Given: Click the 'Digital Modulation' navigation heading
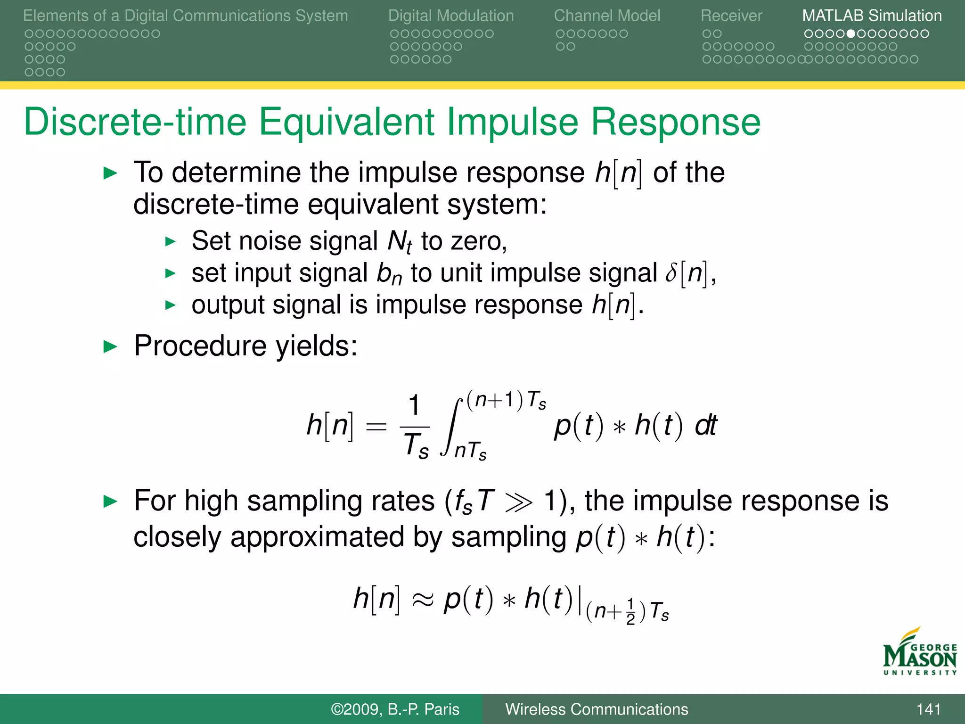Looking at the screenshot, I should (x=451, y=16).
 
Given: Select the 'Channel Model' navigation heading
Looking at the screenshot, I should (x=607, y=16).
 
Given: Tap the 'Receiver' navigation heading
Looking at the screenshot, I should (x=731, y=16).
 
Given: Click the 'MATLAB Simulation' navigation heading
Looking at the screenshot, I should (x=872, y=16).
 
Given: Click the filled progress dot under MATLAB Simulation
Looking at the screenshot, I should (x=851, y=34).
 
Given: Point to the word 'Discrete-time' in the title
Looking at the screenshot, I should (x=135, y=122).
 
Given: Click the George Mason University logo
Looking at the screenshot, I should (x=919, y=652).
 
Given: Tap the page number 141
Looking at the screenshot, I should (x=928, y=709).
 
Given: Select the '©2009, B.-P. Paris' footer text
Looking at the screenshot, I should (x=395, y=709).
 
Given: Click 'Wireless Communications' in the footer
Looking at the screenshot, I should (x=597, y=709).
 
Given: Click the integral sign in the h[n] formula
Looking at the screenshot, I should (x=451, y=427).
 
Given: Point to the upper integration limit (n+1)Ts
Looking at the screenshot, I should (x=506, y=401).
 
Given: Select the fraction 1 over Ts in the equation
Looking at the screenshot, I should (x=415, y=427).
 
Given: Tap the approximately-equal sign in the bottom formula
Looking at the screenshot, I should (x=422, y=600).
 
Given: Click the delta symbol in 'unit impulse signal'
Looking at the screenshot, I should (x=671, y=273).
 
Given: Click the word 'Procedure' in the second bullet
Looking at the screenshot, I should (x=200, y=346).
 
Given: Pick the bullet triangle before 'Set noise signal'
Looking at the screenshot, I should (x=170, y=242).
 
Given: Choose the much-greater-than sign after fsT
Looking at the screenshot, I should (x=519, y=502).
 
